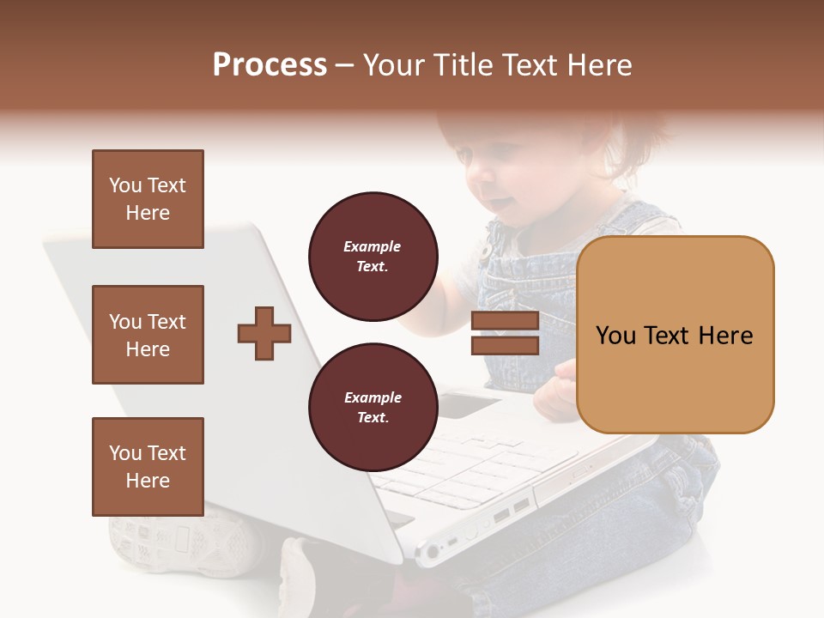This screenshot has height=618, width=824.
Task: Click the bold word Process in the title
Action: coord(270,65)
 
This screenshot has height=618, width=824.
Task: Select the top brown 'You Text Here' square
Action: coord(148,199)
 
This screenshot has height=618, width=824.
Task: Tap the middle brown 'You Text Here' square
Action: coord(148,335)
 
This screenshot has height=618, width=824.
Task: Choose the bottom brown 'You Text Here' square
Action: coord(148,466)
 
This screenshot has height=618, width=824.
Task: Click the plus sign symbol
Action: coord(264,334)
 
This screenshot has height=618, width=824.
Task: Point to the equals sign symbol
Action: coord(505,334)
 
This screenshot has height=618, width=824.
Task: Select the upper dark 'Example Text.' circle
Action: coord(373,257)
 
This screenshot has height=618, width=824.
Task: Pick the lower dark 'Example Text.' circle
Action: coord(373,408)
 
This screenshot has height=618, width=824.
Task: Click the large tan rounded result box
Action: coord(675,335)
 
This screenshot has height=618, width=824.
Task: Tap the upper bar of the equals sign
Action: coord(505,322)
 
